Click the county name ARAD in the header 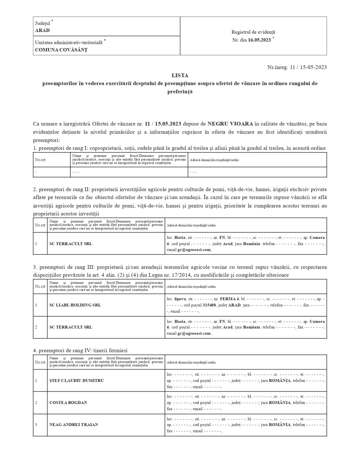pos(42,30)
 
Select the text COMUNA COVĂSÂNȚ pos(61,50)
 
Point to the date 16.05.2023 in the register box pos(259,40)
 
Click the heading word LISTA pos(180,75)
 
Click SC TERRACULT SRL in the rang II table pos(71,244)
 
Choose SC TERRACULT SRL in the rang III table pos(71,327)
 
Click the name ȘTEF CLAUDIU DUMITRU pos(76,381)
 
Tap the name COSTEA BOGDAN pos(68,403)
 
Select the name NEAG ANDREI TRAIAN pos(74,425)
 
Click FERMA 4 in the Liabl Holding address pos(229,299)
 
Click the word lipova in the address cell pos(180,299)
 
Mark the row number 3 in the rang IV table pos(36,425)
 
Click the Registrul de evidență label pos(253,32)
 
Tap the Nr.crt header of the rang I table pos(40,160)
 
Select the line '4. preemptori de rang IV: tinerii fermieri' pos(80,351)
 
